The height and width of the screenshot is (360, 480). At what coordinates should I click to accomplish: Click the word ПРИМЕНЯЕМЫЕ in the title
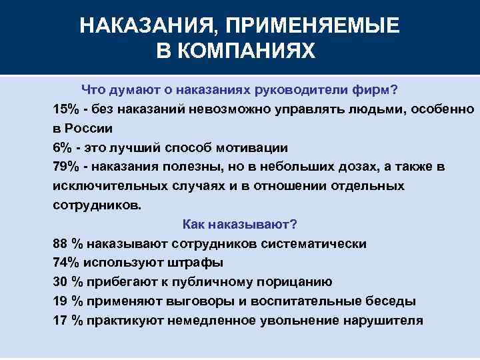[x=313, y=26]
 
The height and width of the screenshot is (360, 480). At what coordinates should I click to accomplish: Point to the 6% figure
[x=62, y=147]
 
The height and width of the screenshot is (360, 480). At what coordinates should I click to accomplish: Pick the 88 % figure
[x=67, y=243]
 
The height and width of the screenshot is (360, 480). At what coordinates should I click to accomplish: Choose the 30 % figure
[x=67, y=281]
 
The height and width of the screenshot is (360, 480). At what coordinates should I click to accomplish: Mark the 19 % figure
[x=67, y=301]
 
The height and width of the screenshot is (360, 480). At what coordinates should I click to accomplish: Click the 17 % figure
[x=67, y=320]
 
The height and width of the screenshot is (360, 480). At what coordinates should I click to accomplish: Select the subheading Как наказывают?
[x=239, y=224]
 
